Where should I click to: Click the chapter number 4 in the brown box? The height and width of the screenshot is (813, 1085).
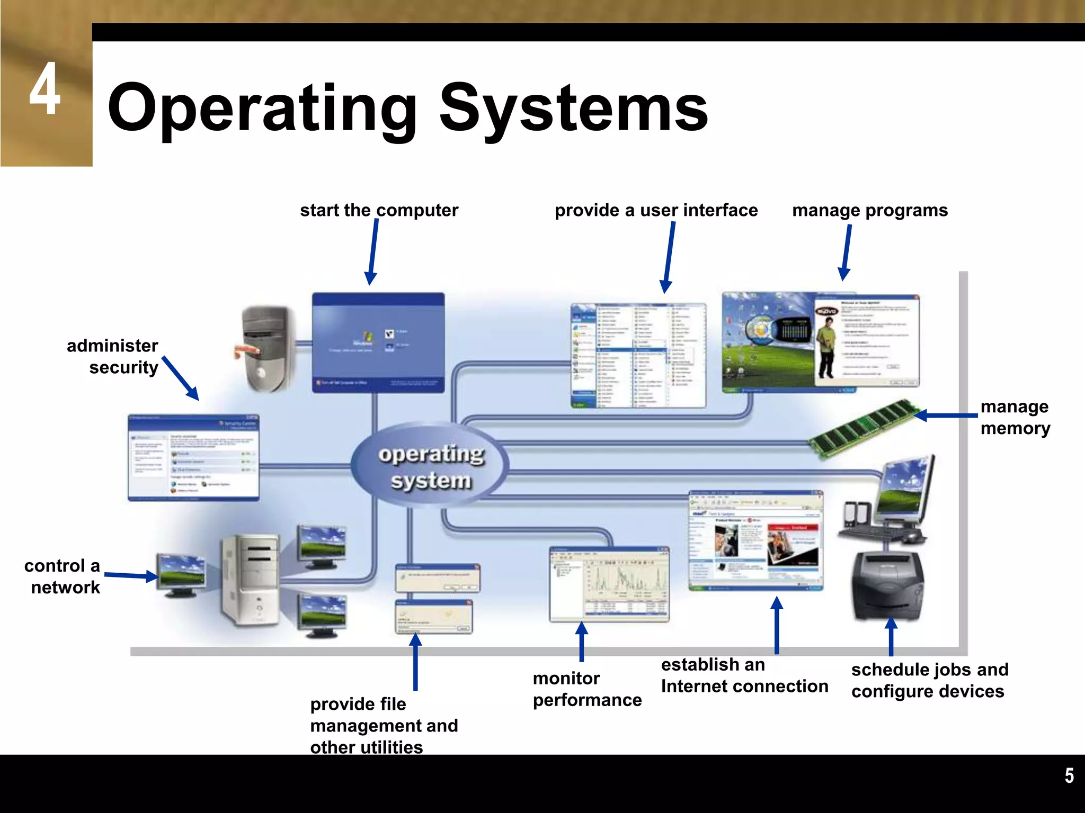[x=45, y=88]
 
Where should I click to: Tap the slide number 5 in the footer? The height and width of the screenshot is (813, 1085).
[x=1069, y=775]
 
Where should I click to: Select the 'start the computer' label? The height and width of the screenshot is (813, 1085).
[x=379, y=210]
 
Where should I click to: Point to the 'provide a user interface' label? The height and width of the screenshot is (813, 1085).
[x=656, y=210]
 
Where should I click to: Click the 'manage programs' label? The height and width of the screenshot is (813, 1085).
[x=870, y=210]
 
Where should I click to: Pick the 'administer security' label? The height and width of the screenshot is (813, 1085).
[x=113, y=356]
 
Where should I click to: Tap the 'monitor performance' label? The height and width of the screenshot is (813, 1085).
[x=586, y=689]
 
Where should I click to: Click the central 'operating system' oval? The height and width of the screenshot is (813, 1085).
[x=431, y=466]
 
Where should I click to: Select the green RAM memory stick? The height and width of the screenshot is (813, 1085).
[x=864, y=428]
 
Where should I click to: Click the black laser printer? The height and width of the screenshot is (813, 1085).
[x=888, y=585]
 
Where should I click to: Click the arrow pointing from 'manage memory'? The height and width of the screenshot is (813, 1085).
[x=946, y=415]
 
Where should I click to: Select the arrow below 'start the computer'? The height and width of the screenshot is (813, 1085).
[x=372, y=252]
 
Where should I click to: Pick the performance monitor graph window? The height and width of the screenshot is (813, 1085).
[x=609, y=584]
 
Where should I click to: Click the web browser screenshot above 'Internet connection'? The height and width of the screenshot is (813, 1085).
[x=755, y=540]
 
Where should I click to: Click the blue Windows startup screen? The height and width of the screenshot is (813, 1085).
[x=378, y=342]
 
